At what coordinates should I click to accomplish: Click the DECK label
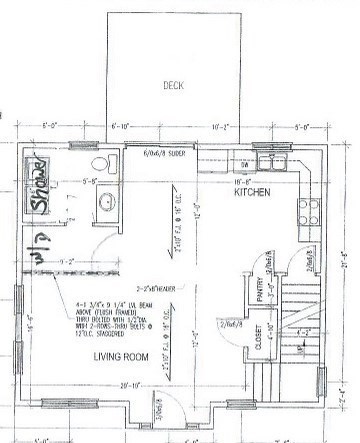(176, 86)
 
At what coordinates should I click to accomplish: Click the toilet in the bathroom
(101, 166)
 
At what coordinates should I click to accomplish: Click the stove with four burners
(304, 209)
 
